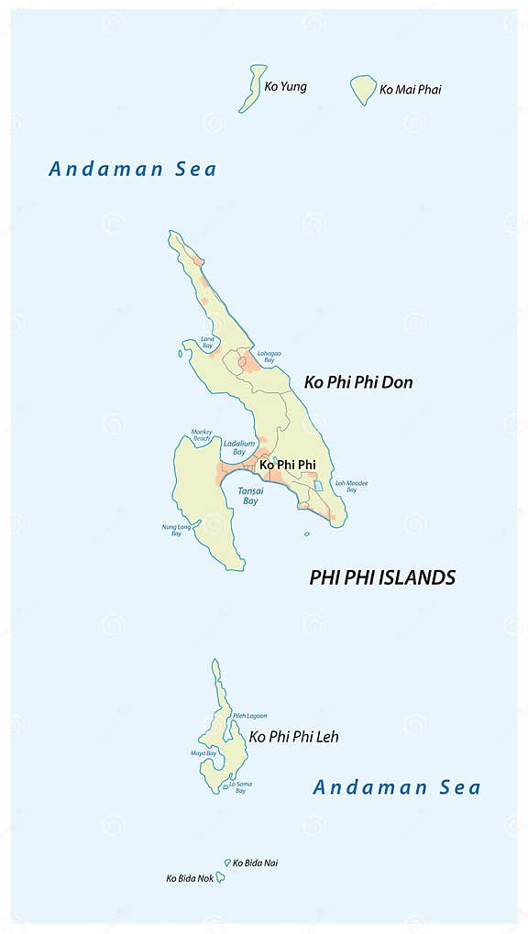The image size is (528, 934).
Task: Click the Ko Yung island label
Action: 285,87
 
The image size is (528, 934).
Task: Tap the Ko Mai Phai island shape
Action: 364,89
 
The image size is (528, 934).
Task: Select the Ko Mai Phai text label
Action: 410,90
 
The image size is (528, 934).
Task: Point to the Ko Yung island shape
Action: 252,88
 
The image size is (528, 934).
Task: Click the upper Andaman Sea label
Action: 133,169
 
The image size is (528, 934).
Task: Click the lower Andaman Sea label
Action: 397,786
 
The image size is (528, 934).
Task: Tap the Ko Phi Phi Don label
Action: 358,382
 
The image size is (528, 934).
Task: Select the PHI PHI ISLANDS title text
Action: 382,577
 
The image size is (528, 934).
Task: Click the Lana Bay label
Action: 208,342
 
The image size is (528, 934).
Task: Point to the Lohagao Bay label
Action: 269,356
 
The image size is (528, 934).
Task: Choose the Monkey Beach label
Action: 201,434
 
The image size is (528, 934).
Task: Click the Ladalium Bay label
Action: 238,447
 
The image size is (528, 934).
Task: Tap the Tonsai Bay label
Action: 250,496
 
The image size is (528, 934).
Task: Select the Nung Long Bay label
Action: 171,530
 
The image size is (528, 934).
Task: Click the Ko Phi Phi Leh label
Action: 293,736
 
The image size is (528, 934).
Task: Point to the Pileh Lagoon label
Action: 249,715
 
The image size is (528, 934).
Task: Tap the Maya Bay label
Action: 203,753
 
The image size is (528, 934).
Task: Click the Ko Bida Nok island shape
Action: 220,877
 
